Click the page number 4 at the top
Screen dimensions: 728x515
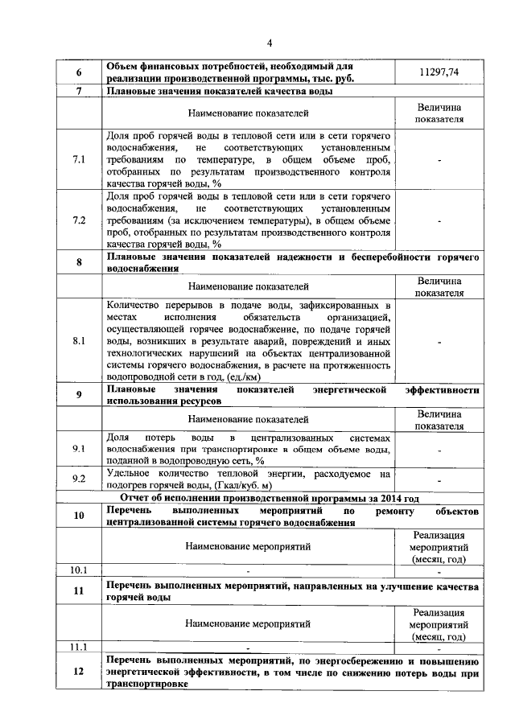[x=270, y=43]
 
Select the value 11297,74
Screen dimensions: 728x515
[x=439, y=72]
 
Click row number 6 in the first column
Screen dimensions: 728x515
[x=79, y=73]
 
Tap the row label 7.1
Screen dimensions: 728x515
[x=79, y=160]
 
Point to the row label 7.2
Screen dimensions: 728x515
[x=79, y=220]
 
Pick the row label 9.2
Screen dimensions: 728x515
[x=79, y=479]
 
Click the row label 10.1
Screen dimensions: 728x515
[x=79, y=570]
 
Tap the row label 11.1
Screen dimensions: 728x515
[x=79, y=645]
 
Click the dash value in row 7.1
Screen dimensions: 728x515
[x=439, y=160]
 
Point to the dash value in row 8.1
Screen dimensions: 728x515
[x=439, y=341]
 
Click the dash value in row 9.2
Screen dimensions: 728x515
[x=439, y=479]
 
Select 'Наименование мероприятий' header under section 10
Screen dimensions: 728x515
[x=248, y=546]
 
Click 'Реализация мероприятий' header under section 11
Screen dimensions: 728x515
[x=439, y=623]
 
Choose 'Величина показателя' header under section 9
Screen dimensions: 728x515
[x=439, y=419]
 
